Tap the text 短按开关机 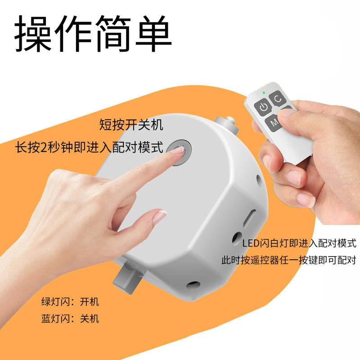131,125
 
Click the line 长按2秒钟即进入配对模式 89,147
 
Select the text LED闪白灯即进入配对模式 299,244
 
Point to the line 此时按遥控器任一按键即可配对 288,260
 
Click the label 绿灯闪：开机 70,301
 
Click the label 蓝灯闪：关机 70,319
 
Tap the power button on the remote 263,107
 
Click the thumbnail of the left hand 158,218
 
